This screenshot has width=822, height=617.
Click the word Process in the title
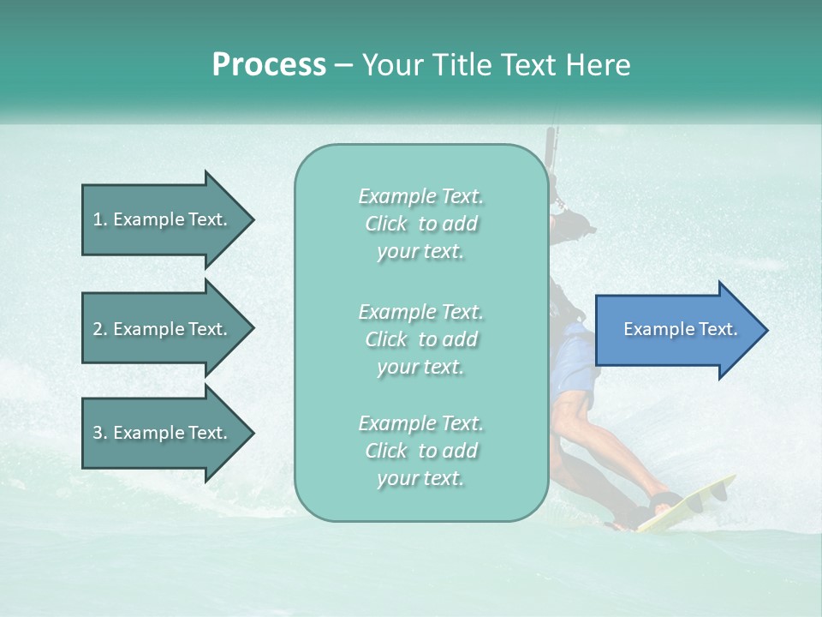(x=269, y=65)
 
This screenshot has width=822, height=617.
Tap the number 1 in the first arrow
(x=98, y=219)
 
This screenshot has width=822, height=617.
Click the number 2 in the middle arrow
(x=98, y=329)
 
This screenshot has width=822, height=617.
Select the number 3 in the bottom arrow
(x=98, y=433)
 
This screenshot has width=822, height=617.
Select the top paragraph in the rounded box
(x=420, y=224)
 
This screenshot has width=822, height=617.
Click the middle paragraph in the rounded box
(x=420, y=338)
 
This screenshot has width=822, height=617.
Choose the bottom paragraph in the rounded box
(x=420, y=451)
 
